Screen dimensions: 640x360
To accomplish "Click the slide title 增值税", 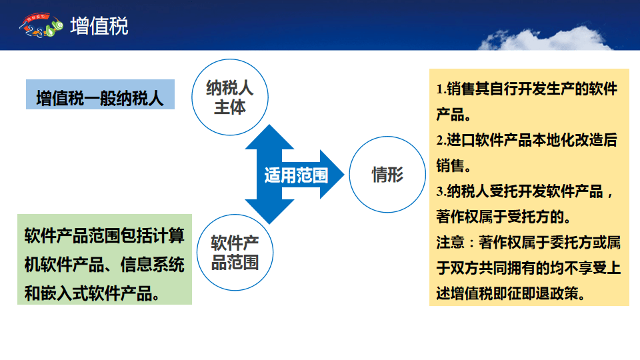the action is click(x=99, y=26).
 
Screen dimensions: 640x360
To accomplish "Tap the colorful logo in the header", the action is click(x=41, y=25).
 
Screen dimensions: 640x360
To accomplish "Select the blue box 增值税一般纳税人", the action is click(x=101, y=94).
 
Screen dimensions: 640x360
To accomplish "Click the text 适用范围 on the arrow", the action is click(x=296, y=175).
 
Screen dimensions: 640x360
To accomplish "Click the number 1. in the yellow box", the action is click(x=441, y=89).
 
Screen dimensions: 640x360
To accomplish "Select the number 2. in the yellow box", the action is click(x=441, y=141).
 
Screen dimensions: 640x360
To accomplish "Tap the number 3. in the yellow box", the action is click(x=441, y=191).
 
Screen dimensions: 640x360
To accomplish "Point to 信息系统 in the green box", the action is click(x=153, y=265).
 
